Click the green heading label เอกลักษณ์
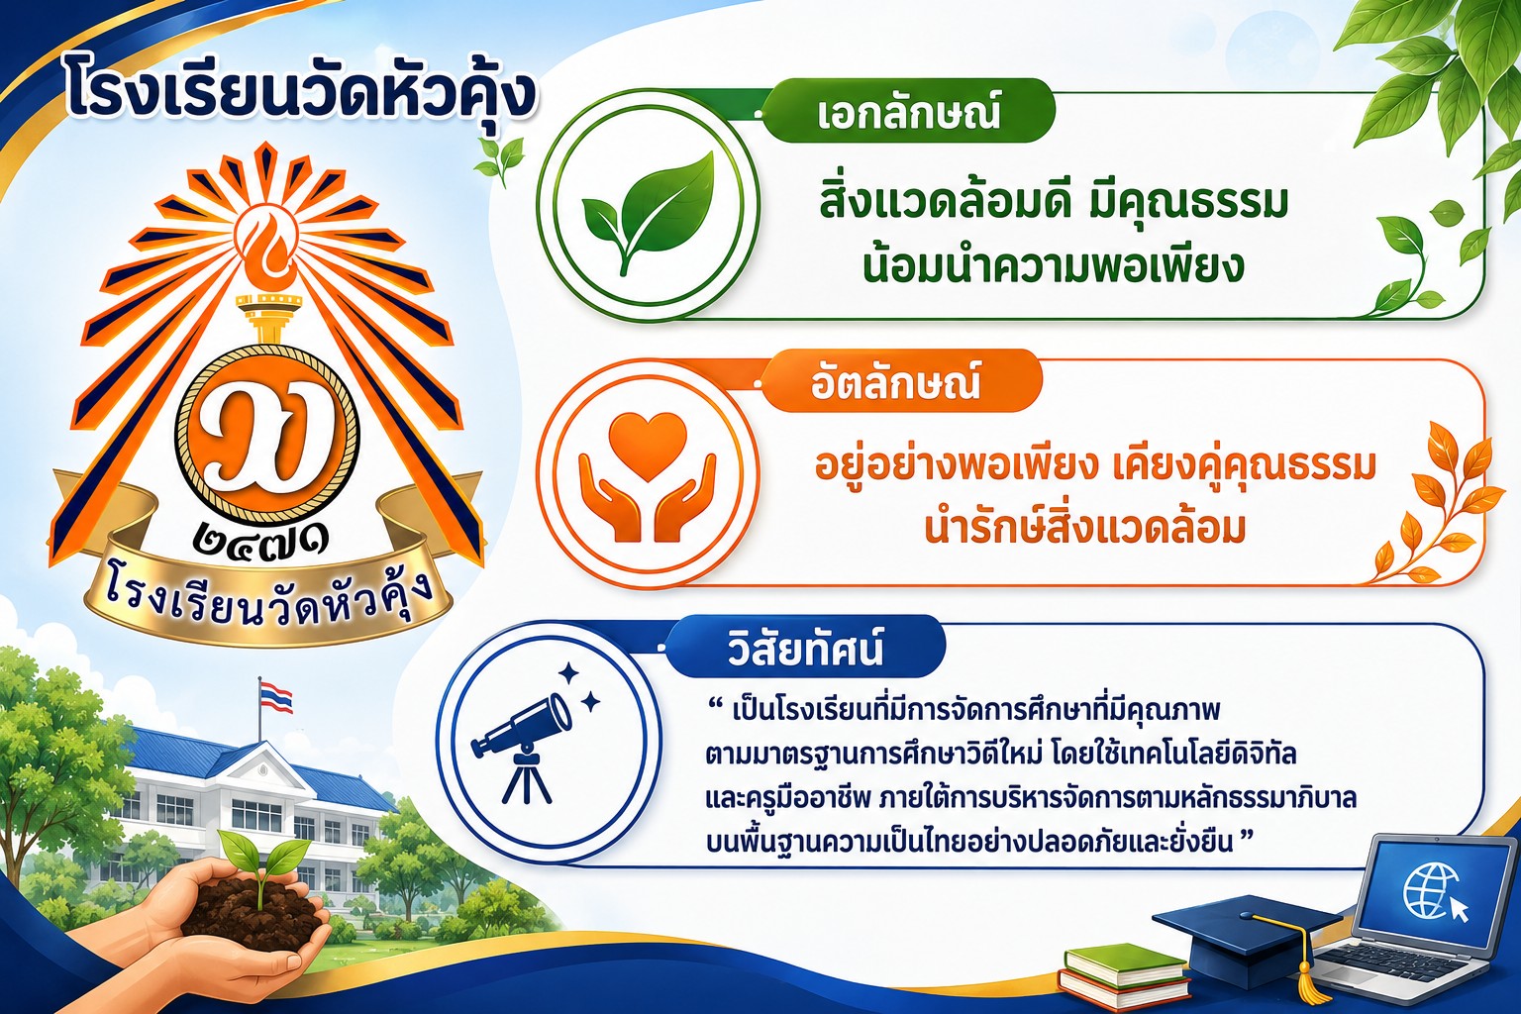tap(908, 112)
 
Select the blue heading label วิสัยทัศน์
tap(805, 648)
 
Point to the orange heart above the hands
tap(648, 447)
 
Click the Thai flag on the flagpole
tap(276, 698)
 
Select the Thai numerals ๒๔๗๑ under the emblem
tap(261, 540)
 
